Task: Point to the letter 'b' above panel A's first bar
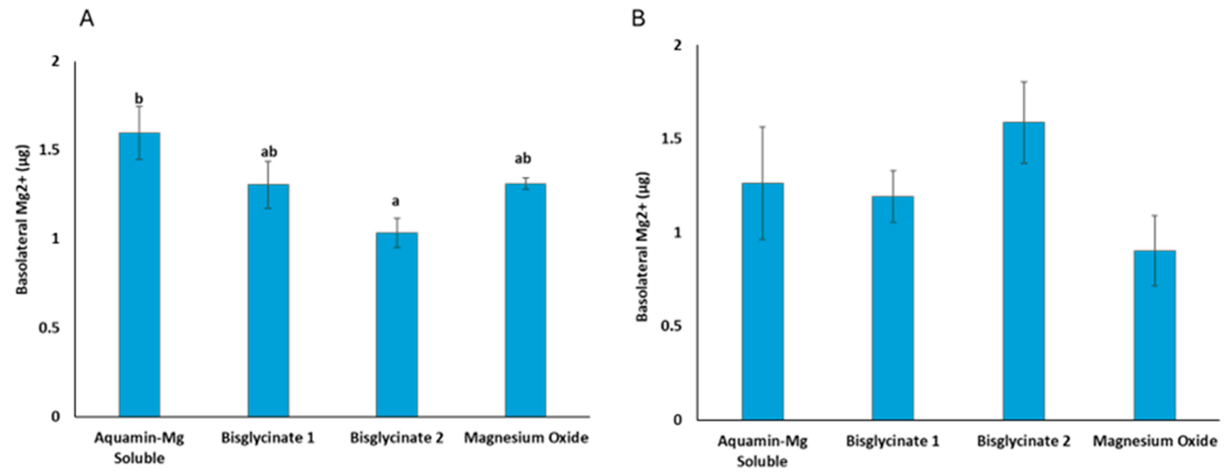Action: point(139,99)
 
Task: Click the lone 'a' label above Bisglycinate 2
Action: point(396,201)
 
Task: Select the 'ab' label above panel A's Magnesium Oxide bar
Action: point(523,158)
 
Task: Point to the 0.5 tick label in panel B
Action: point(672,326)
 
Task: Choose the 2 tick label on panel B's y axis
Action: point(677,45)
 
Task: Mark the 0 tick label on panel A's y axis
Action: point(56,416)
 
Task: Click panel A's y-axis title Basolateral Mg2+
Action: point(23,219)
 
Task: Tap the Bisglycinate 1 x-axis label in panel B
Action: point(893,441)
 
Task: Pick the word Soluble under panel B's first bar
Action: point(762,461)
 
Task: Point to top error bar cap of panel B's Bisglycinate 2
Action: point(1024,82)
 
